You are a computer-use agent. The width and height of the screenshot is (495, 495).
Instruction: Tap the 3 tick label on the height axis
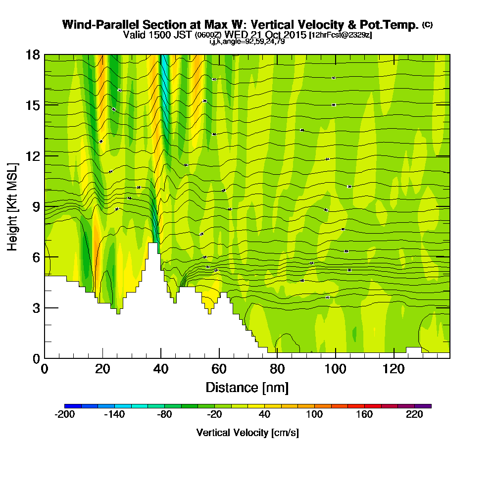(35, 308)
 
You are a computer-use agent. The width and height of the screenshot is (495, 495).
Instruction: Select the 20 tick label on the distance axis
(102, 369)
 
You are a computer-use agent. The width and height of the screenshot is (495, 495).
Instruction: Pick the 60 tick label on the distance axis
(219, 369)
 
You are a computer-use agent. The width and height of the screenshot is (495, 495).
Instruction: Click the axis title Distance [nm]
(247, 387)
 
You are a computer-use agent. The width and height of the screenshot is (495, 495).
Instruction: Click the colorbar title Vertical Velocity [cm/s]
(247, 433)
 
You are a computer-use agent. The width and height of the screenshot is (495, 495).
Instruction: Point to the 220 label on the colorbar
(415, 415)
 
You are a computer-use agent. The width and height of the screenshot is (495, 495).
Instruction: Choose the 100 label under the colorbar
(314, 415)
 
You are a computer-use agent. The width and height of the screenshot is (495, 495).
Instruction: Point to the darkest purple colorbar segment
(425, 406)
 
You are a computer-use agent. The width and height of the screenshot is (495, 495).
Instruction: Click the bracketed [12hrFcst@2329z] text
(340, 35)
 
